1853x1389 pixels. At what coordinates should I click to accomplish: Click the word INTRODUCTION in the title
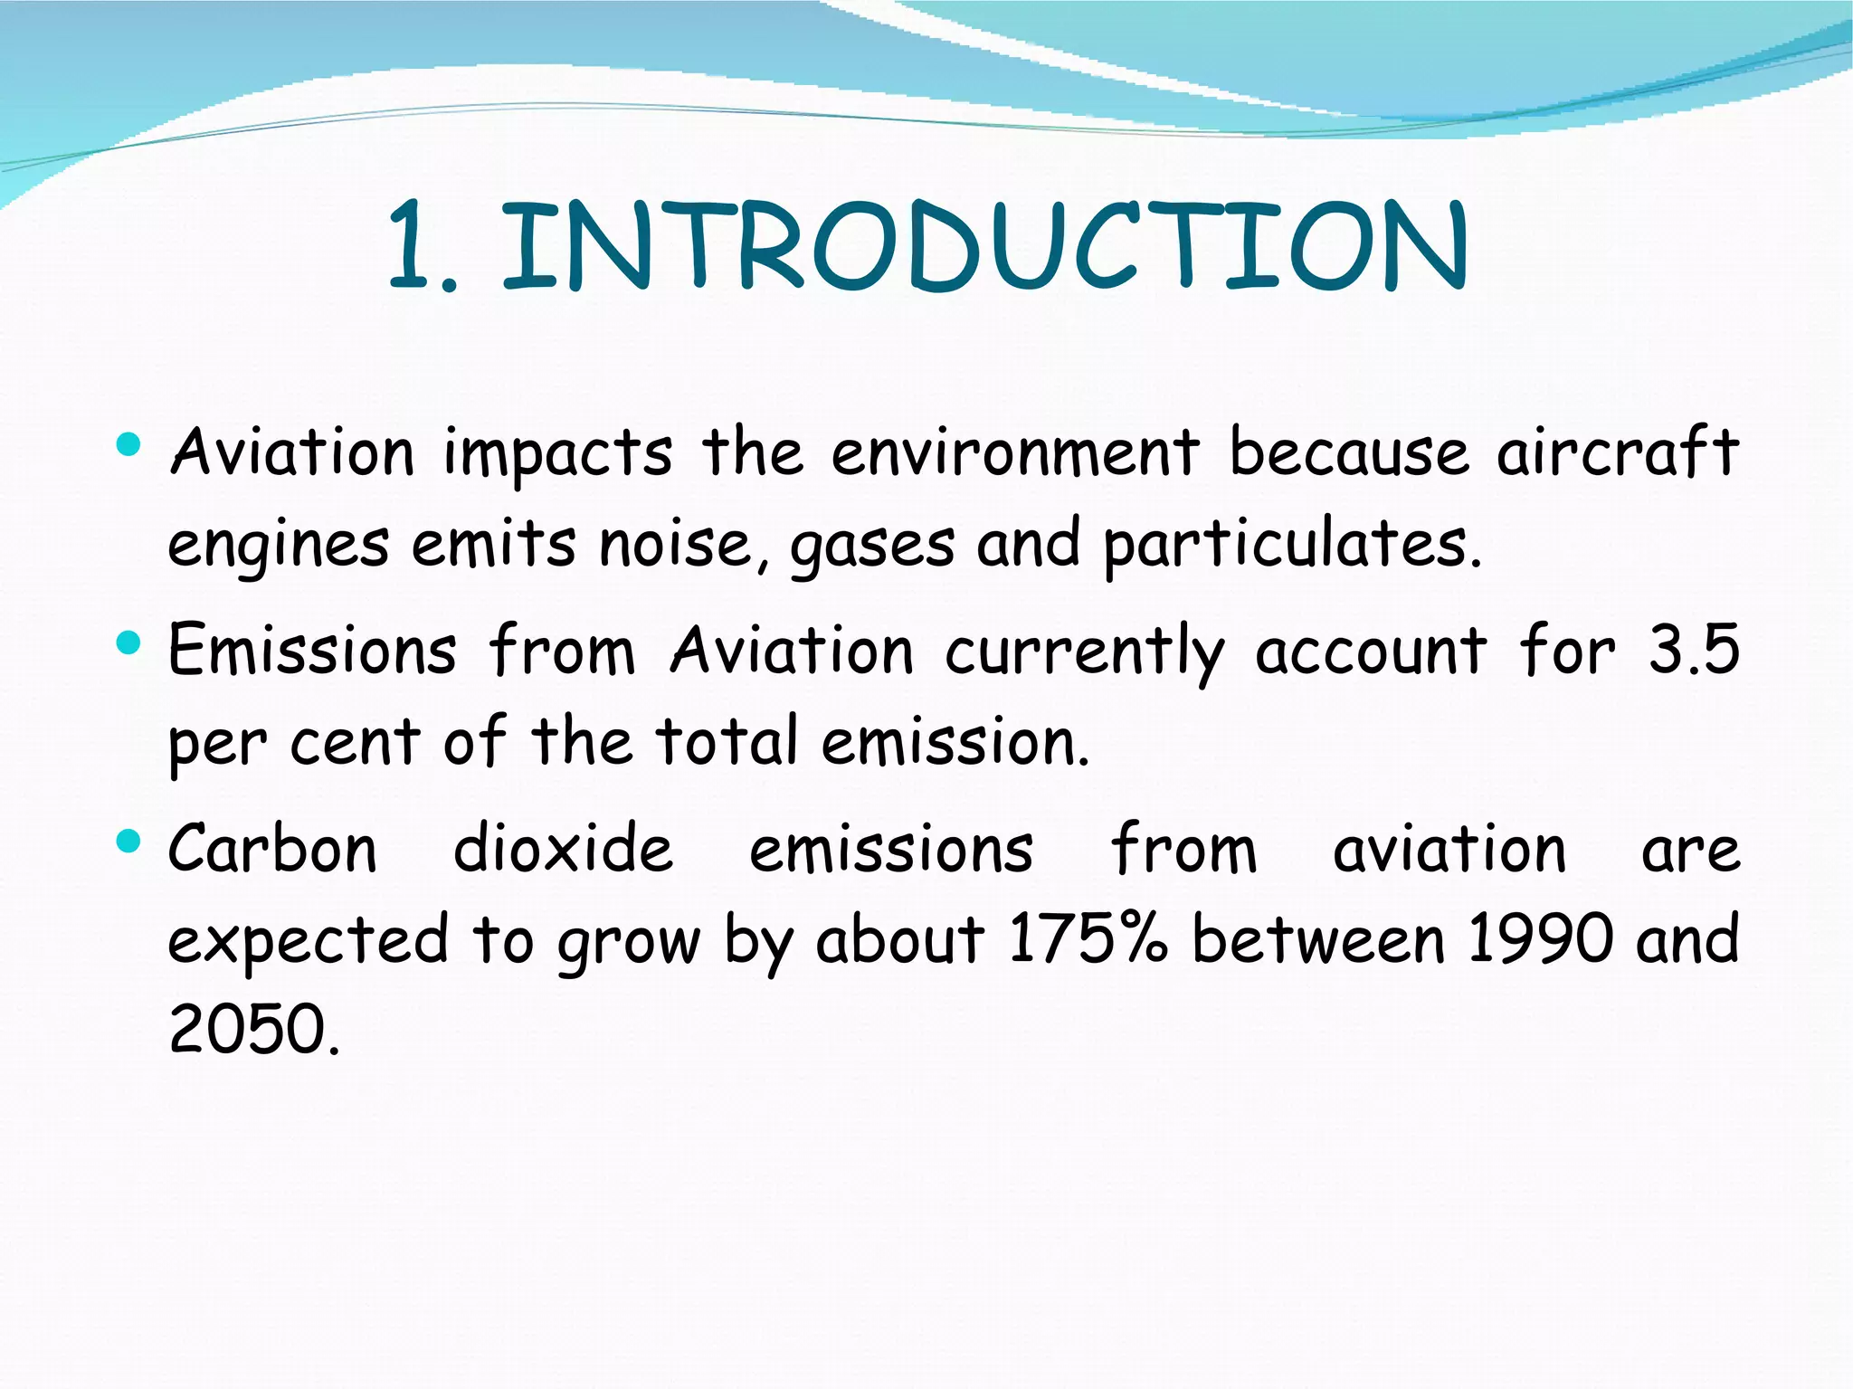[x=984, y=247]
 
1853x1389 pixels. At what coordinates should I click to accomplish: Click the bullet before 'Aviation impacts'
[x=129, y=444]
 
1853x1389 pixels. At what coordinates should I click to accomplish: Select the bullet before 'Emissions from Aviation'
[x=129, y=643]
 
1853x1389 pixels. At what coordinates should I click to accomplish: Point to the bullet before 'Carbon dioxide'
[x=129, y=842]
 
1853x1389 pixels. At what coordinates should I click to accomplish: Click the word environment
[x=1015, y=452]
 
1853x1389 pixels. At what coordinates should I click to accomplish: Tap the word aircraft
[x=1617, y=452]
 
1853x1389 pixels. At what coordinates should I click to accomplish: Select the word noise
[x=675, y=545]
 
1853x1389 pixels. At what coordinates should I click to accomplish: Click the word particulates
[x=1292, y=545]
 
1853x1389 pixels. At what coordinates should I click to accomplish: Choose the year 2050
[x=254, y=1030]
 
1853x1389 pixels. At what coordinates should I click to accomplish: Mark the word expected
[x=308, y=941]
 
